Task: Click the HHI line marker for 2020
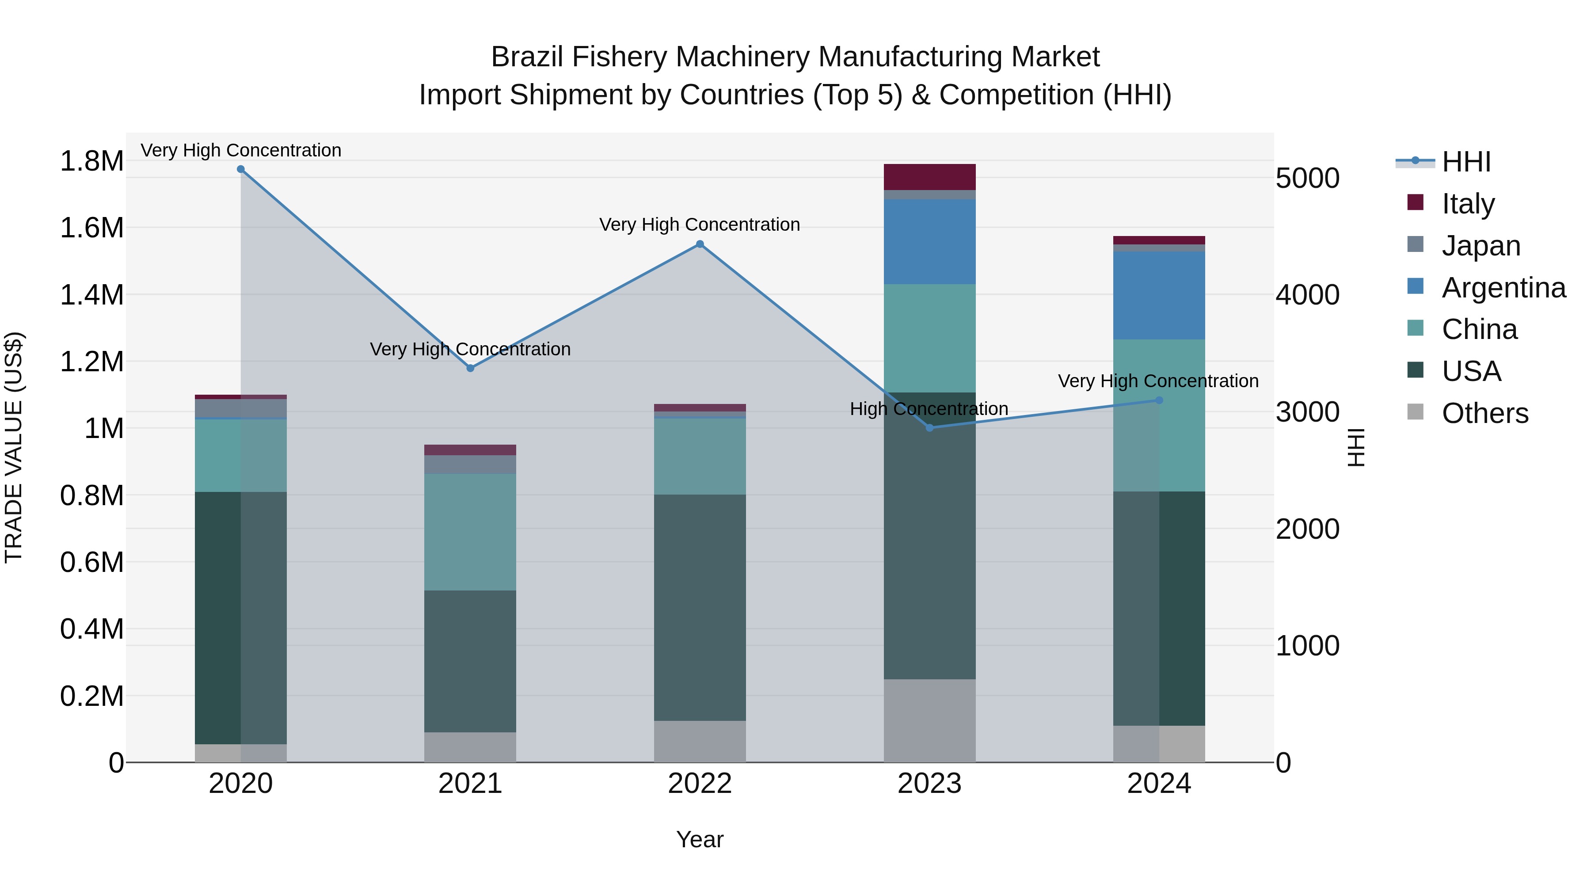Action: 241,169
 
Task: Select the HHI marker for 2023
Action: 929,427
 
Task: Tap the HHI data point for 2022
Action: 700,244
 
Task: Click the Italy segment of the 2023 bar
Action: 929,177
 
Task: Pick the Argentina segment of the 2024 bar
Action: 1159,295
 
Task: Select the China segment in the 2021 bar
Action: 470,532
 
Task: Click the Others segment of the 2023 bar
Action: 929,720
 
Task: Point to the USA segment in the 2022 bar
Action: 700,607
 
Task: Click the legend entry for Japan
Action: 1481,245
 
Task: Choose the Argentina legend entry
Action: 1503,287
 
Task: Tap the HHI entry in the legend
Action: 1465,161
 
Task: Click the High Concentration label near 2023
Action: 929,409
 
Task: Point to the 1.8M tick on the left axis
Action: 91,161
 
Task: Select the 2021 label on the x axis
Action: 470,784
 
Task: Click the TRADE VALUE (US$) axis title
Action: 14,447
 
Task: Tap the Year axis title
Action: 700,839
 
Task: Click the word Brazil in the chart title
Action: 527,57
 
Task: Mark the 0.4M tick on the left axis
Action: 91,629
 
